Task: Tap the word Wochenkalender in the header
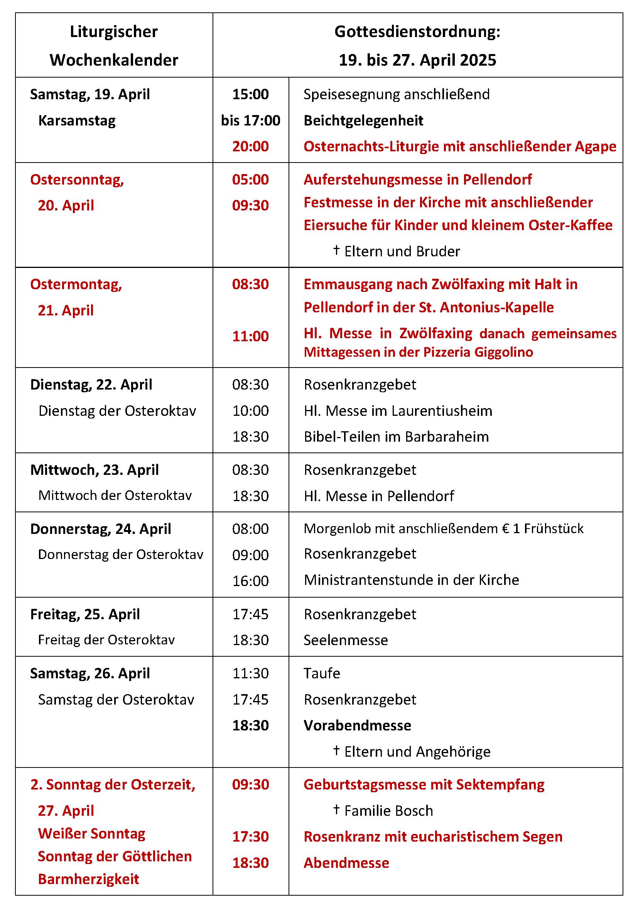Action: pos(114,60)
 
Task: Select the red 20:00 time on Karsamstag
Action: pos(250,146)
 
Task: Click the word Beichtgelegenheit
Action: pos(363,120)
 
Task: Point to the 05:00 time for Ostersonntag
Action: pos(250,180)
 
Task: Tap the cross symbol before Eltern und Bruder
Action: pos(336,250)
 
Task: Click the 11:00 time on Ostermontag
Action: pos(250,336)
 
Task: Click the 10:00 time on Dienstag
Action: pos(250,411)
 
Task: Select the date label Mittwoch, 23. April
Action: pos(94,470)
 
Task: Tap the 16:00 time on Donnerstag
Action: pos(250,581)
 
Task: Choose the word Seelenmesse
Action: pos(346,640)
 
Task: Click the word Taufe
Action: pos(322,673)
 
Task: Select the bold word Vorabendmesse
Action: pos(357,726)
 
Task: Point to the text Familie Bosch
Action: pos(388,811)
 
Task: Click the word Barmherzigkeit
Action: pos(88,879)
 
